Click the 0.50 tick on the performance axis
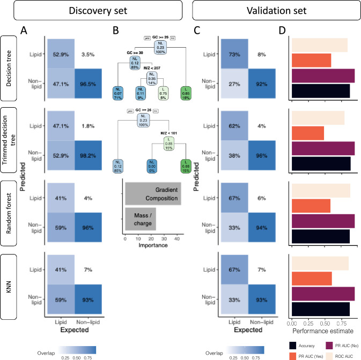324,324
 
